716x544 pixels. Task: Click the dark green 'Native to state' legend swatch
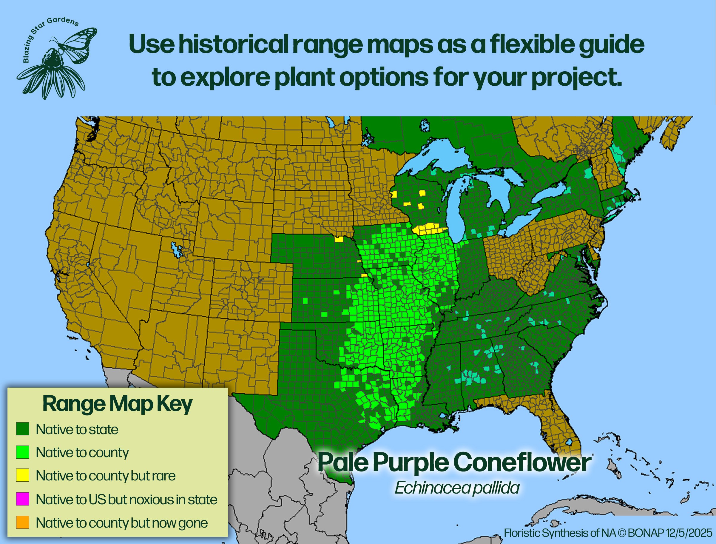pyautogui.click(x=23, y=429)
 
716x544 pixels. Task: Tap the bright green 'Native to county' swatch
pyautogui.click(x=23, y=452)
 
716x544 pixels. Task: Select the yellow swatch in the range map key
pyautogui.click(x=23, y=475)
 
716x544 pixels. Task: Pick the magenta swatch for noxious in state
pyautogui.click(x=23, y=499)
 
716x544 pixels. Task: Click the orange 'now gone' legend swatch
pyautogui.click(x=23, y=522)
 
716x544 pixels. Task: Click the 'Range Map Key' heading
pyautogui.click(x=117, y=404)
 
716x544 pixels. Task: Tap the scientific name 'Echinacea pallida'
pyautogui.click(x=457, y=488)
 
